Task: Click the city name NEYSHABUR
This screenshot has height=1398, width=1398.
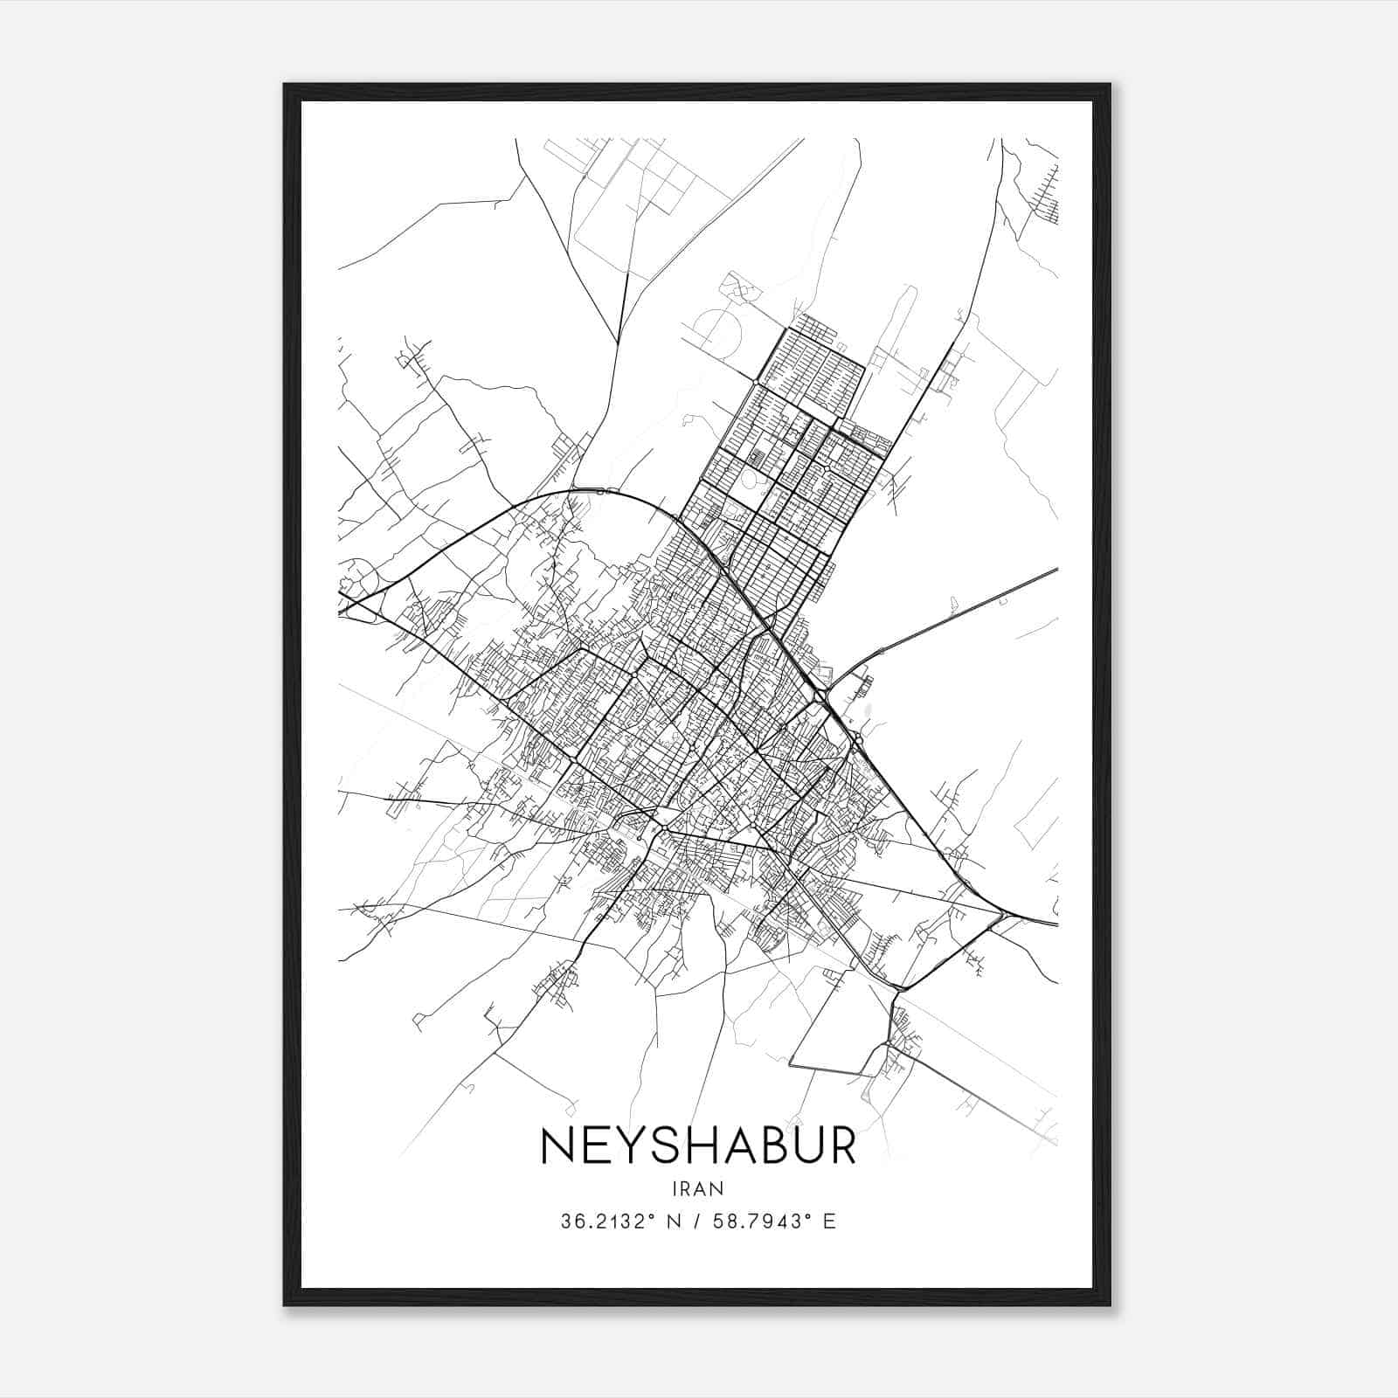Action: pos(699,1145)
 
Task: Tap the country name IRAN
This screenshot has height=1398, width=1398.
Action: pos(699,1188)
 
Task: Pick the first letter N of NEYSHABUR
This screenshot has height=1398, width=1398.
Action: pos(557,1145)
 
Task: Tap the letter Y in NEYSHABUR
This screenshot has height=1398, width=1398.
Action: pos(624,1145)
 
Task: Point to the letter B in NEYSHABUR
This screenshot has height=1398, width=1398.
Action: pos(765,1145)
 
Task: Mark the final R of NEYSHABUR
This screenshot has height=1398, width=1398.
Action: pos(841,1145)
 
